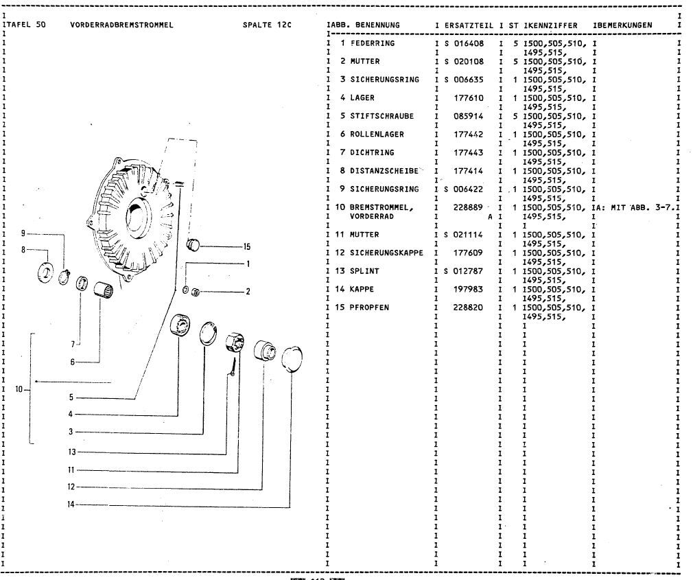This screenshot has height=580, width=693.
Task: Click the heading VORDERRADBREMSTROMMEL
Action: (x=121, y=25)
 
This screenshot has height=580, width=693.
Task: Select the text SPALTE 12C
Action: (x=267, y=25)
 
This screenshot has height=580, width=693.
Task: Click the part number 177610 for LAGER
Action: (x=469, y=98)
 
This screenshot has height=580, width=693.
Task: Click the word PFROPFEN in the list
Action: (x=369, y=307)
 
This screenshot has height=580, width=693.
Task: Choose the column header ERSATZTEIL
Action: (x=469, y=25)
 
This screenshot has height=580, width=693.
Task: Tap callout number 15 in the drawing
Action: (x=247, y=246)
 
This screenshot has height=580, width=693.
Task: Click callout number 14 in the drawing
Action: (x=71, y=504)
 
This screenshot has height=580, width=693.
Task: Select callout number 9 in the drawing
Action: (x=23, y=233)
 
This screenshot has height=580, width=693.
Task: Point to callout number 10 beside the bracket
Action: (x=19, y=389)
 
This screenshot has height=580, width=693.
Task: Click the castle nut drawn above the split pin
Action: (x=235, y=340)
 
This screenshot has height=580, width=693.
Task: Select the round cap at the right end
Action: (x=291, y=357)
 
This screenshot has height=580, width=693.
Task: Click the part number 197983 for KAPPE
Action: (x=469, y=289)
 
